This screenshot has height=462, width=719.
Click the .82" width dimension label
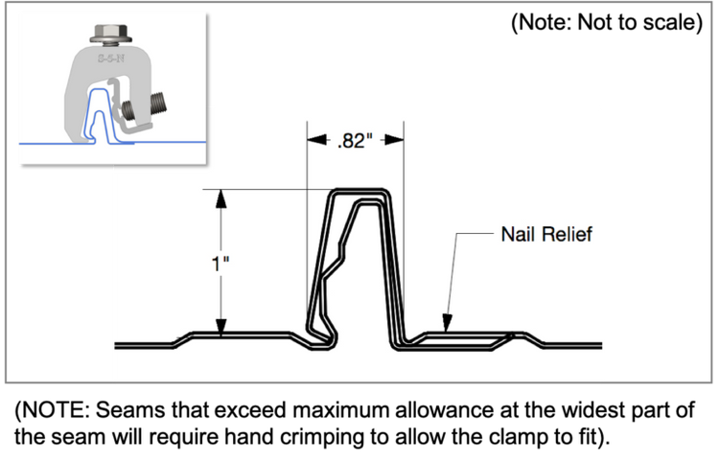click(355, 142)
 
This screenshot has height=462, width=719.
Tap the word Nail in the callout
click(519, 234)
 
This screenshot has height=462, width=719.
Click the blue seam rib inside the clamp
click(96, 105)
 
